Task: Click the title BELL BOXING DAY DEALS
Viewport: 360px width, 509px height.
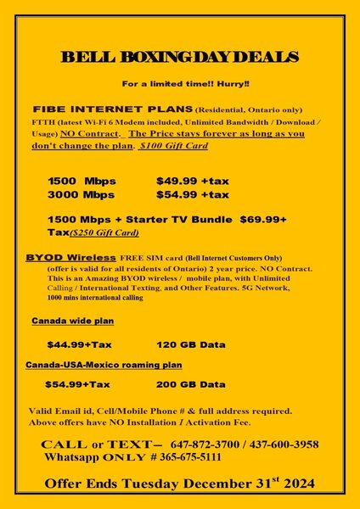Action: tap(179, 57)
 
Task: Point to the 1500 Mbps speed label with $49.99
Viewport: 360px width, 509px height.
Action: tap(82, 182)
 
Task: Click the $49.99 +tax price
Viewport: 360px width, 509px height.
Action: tap(192, 182)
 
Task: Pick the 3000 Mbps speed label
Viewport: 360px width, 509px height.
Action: tap(82, 194)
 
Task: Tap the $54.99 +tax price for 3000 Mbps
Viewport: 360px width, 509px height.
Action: tap(192, 194)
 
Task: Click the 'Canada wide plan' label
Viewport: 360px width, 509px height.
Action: tap(72, 322)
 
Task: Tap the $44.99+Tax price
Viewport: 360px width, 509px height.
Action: tap(79, 344)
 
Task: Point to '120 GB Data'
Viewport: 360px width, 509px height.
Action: tap(191, 344)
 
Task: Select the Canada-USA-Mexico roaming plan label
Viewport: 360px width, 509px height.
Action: tap(104, 364)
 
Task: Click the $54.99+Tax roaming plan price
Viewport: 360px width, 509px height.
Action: tap(77, 383)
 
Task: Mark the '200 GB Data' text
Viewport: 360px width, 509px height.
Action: tap(191, 383)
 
